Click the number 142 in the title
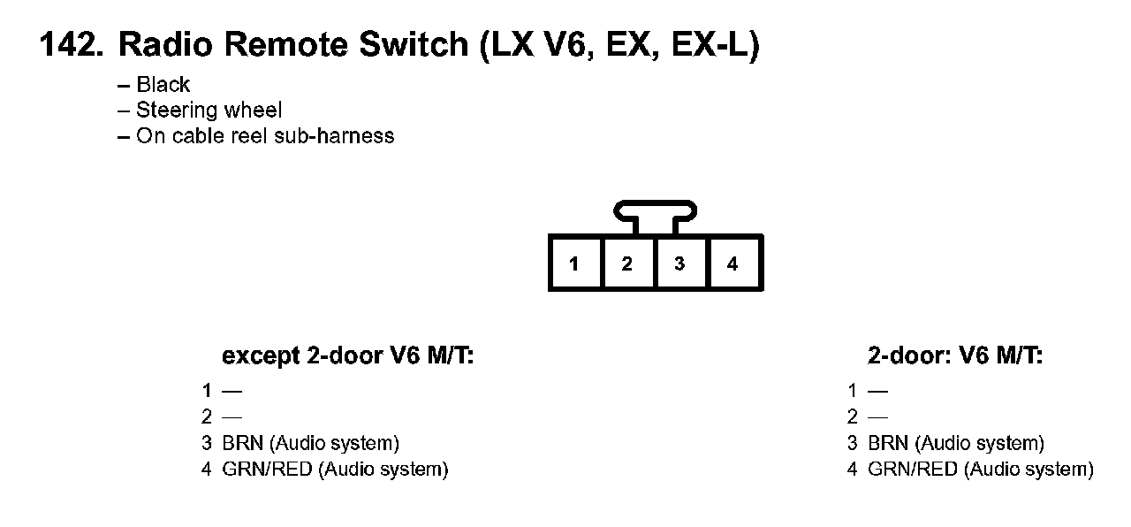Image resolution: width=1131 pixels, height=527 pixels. pos(69,46)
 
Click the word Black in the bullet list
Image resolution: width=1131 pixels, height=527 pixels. pos(163,85)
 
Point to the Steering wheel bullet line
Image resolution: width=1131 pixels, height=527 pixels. pos(209,111)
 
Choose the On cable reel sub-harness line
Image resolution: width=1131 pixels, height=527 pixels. pos(265,136)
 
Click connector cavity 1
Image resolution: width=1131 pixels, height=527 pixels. pos(574,263)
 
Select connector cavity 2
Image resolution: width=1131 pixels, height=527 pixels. pos(627,263)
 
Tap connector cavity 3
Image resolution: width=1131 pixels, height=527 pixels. pos(679,263)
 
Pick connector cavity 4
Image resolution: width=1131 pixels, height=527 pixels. pos(732,263)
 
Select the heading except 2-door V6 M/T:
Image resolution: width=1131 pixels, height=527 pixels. pos(348,356)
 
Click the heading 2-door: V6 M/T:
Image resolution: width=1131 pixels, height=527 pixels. pos(955,356)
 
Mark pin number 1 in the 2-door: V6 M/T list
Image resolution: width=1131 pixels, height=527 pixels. pos(852,391)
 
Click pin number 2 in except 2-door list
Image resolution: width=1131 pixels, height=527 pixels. pos(207,417)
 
